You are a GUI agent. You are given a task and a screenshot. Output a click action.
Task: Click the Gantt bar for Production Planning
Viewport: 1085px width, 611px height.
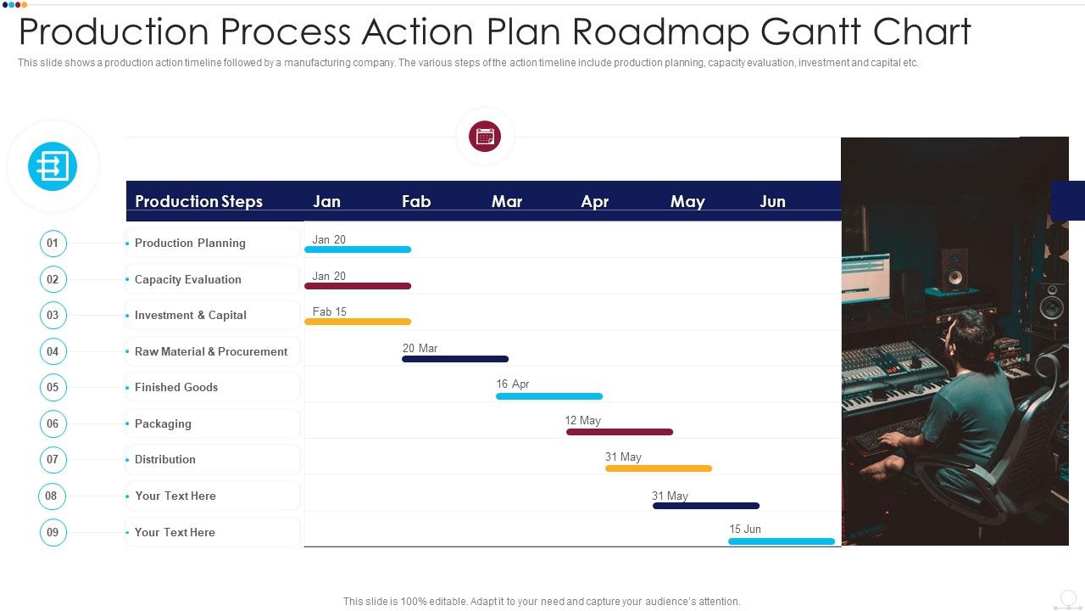point(358,249)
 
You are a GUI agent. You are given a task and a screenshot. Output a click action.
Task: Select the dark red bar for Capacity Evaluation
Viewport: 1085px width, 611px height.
point(358,286)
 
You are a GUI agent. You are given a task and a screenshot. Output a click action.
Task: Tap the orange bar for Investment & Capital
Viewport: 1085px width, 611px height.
point(358,322)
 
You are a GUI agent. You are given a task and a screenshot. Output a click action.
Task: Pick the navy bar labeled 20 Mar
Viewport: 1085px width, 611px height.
point(455,359)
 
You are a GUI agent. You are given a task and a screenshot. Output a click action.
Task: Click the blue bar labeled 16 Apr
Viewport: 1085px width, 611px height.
point(549,396)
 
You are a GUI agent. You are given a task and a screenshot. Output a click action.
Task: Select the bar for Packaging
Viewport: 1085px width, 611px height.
point(620,432)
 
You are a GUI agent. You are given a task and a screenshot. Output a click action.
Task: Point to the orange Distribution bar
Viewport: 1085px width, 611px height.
point(659,468)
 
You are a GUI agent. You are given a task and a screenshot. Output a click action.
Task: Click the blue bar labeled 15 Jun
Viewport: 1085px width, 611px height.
point(782,541)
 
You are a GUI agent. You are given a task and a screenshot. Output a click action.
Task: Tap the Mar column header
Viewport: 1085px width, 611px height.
point(507,201)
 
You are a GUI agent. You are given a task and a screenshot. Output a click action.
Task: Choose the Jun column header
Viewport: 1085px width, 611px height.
point(772,201)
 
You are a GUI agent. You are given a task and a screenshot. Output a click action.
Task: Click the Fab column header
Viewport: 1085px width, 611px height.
point(416,201)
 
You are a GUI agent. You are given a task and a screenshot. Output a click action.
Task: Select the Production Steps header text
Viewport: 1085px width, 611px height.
point(198,201)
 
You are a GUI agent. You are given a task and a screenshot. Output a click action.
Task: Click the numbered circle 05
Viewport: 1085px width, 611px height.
point(53,387)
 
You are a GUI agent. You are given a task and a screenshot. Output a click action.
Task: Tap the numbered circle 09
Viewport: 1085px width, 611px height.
point(53,532)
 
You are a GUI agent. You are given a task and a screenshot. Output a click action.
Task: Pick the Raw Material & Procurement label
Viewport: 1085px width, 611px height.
point(211,351)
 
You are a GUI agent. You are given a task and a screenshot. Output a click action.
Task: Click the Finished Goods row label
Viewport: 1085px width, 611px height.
point(176,387)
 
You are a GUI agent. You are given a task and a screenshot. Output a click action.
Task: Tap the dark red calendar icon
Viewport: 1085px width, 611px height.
point(485,136)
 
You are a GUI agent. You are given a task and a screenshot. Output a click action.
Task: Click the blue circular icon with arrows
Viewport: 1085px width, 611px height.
point(53,166)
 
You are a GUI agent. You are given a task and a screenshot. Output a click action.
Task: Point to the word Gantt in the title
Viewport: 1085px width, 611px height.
point(812,32)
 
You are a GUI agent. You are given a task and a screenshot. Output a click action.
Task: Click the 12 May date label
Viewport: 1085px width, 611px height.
point(582,420)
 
